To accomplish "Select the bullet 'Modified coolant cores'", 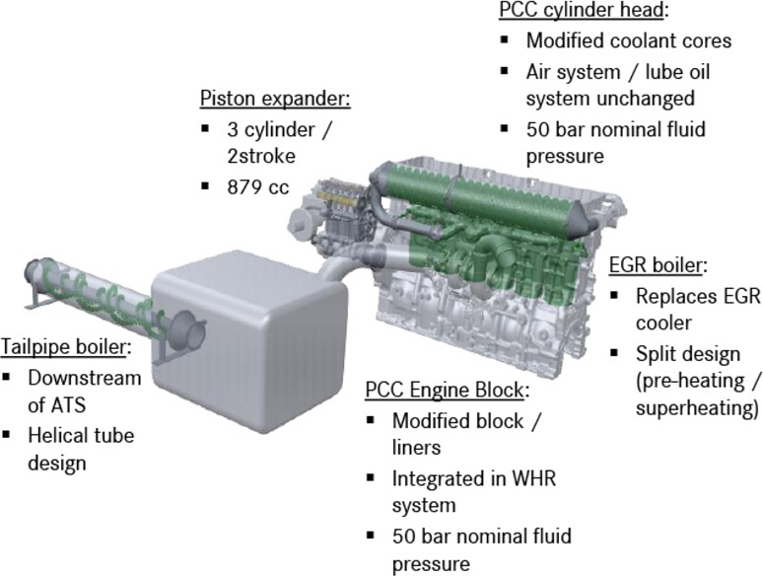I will click(x=627, y=41).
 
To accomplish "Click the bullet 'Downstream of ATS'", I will click(x=84, y=392).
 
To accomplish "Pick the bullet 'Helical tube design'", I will click(x=80, y=448).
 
